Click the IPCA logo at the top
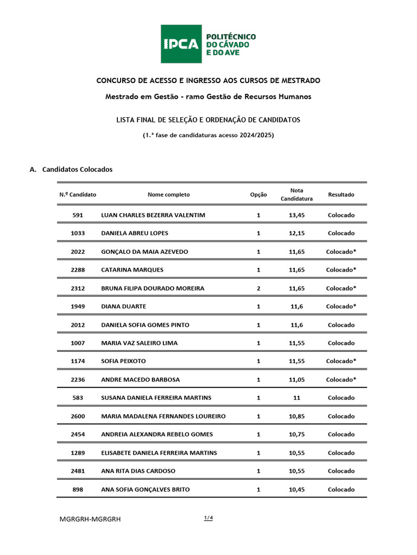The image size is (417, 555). [208, 44]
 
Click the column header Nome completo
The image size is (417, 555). [168, 195]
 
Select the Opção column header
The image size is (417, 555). [258, 195]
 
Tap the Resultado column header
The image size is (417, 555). [341, 195]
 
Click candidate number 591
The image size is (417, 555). [78, 215]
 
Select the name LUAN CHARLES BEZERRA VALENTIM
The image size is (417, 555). [153, 215]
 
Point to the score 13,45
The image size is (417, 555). [296, 215]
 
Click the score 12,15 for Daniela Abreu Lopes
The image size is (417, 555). [296, 234]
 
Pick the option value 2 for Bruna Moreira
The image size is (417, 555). [258, 288]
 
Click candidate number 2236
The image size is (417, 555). [78, 380]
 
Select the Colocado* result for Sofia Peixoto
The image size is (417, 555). [341, 362]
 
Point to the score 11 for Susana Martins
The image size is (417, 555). [296, 398]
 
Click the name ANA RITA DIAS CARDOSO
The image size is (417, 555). [138, 471]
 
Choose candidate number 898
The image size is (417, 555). [78, 489]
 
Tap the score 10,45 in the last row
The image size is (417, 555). [296, 489]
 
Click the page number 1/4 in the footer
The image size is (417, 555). [208, 518]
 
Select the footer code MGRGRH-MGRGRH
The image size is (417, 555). [90, 519]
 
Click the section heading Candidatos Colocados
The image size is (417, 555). [77, 169]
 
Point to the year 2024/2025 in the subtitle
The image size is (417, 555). [252, 135]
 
